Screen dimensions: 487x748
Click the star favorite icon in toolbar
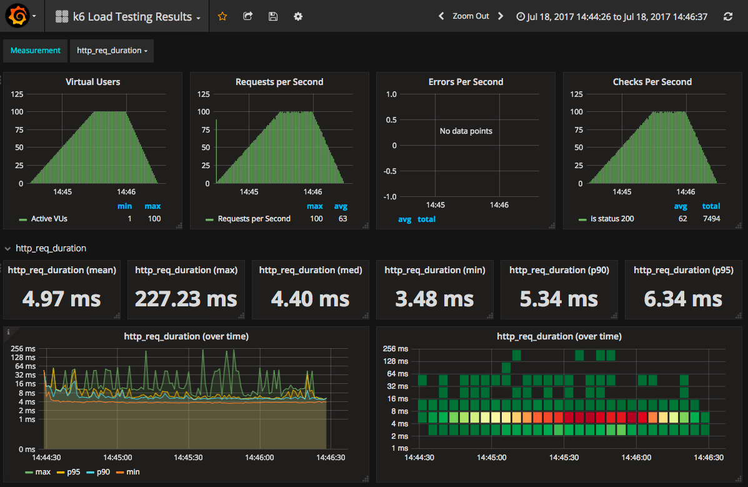(222, 17)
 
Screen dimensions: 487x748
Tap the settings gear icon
(298, 17)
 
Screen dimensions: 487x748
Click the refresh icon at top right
(727, 17)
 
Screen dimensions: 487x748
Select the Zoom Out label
(471, 16)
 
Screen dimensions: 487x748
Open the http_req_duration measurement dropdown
(112, 51)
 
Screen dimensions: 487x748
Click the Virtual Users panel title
(93, 82)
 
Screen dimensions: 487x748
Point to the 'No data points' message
(466, 131)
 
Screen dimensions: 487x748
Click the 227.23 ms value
(186, 299)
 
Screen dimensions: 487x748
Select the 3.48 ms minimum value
(434, 299)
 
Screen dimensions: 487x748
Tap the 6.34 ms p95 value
(683, 299)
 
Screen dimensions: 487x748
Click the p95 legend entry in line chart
(71, 472)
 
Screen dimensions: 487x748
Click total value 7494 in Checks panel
(711, 219)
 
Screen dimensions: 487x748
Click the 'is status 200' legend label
(612, 219)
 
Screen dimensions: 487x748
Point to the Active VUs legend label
(49, 219)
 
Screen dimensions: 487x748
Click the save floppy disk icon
(273, 17)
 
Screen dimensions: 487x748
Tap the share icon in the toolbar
(248, 17)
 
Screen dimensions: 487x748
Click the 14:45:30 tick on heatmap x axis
(564, 458)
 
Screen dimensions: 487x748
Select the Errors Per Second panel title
(466, 82)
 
